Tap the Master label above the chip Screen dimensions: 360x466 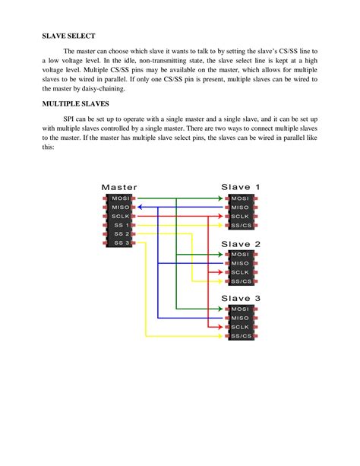(x=118, y=186)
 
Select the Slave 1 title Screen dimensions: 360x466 (x=241, y=186)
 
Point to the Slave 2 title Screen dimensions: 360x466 (x=241, y=244)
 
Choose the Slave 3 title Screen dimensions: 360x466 (x=241, y=298)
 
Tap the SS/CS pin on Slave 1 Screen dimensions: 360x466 (x=241, y=226)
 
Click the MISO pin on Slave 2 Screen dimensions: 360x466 (x=241, y=263)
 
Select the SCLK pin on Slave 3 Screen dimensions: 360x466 (x=241, y=326)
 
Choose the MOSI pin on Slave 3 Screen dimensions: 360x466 (x=241, y=309)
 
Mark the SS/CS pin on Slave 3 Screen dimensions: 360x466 (x=241, y=335)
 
